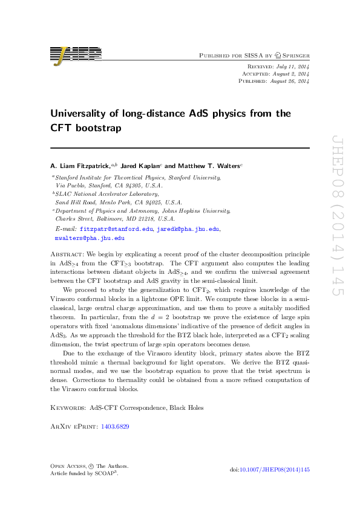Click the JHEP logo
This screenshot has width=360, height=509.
pyautogui.click(x=75, y=56)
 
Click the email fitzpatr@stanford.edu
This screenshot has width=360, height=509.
pyautogui.click(x=117, y=230)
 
